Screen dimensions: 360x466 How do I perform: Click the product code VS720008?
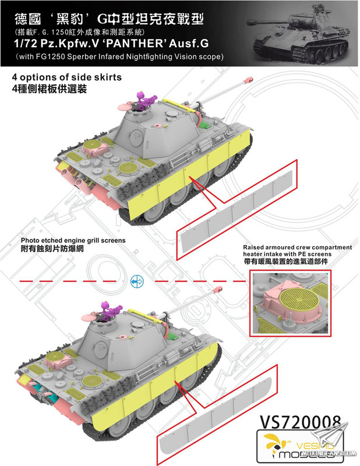(x=300, y=422)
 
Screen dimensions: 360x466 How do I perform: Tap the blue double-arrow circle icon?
(x=137, y=281)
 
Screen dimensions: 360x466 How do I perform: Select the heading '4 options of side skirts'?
(x=67, y=77)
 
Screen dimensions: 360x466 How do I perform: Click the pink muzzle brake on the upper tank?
(x=248, y=80)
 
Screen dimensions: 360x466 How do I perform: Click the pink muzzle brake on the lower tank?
(x=218, y=288)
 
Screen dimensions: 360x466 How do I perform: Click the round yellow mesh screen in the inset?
(x=299, y=299)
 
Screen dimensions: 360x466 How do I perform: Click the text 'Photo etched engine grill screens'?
(x=73, y=240)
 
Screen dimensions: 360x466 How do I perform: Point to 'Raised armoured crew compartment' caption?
(x=297, y=247)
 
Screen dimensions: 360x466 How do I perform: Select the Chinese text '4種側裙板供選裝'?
(x=50, y=89)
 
